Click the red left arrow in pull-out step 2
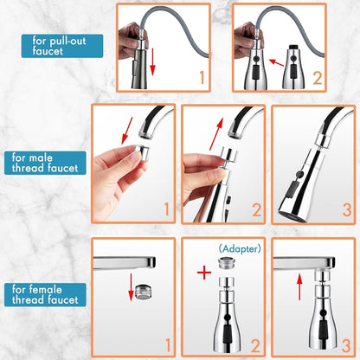pyautogui.click(x=276, y=61)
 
